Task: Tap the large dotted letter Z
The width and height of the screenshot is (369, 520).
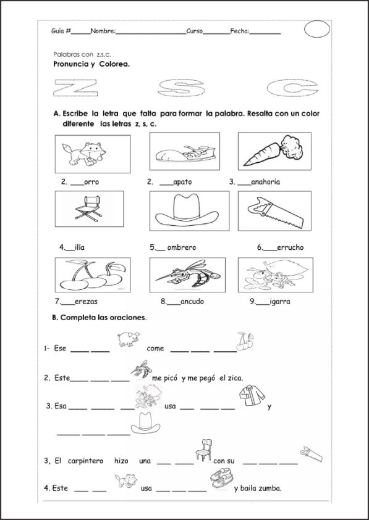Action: coord(75,89)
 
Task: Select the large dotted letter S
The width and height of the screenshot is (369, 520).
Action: coord(181,89)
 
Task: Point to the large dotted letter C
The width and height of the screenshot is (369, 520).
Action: coord(292,89)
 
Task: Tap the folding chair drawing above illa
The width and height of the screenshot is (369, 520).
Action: coord(88,208)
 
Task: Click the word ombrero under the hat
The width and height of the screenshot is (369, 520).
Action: coord(182,247)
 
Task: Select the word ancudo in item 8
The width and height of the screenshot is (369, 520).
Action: coord(192,302)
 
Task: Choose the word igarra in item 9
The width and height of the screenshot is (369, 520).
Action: coord(279,302)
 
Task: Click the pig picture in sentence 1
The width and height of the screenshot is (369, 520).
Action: coord(128,339)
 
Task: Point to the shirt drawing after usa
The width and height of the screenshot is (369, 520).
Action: coord(252,395)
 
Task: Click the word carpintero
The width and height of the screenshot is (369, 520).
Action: coord(85,461)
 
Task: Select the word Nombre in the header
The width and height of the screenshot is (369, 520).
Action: coord(103,31)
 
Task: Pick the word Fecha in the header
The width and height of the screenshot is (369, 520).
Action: coord(239,31)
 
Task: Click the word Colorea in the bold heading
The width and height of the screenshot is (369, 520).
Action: coord(114,64)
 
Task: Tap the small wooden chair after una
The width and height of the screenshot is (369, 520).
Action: coord(204,450)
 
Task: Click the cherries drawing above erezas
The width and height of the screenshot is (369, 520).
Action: coord(93,275)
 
